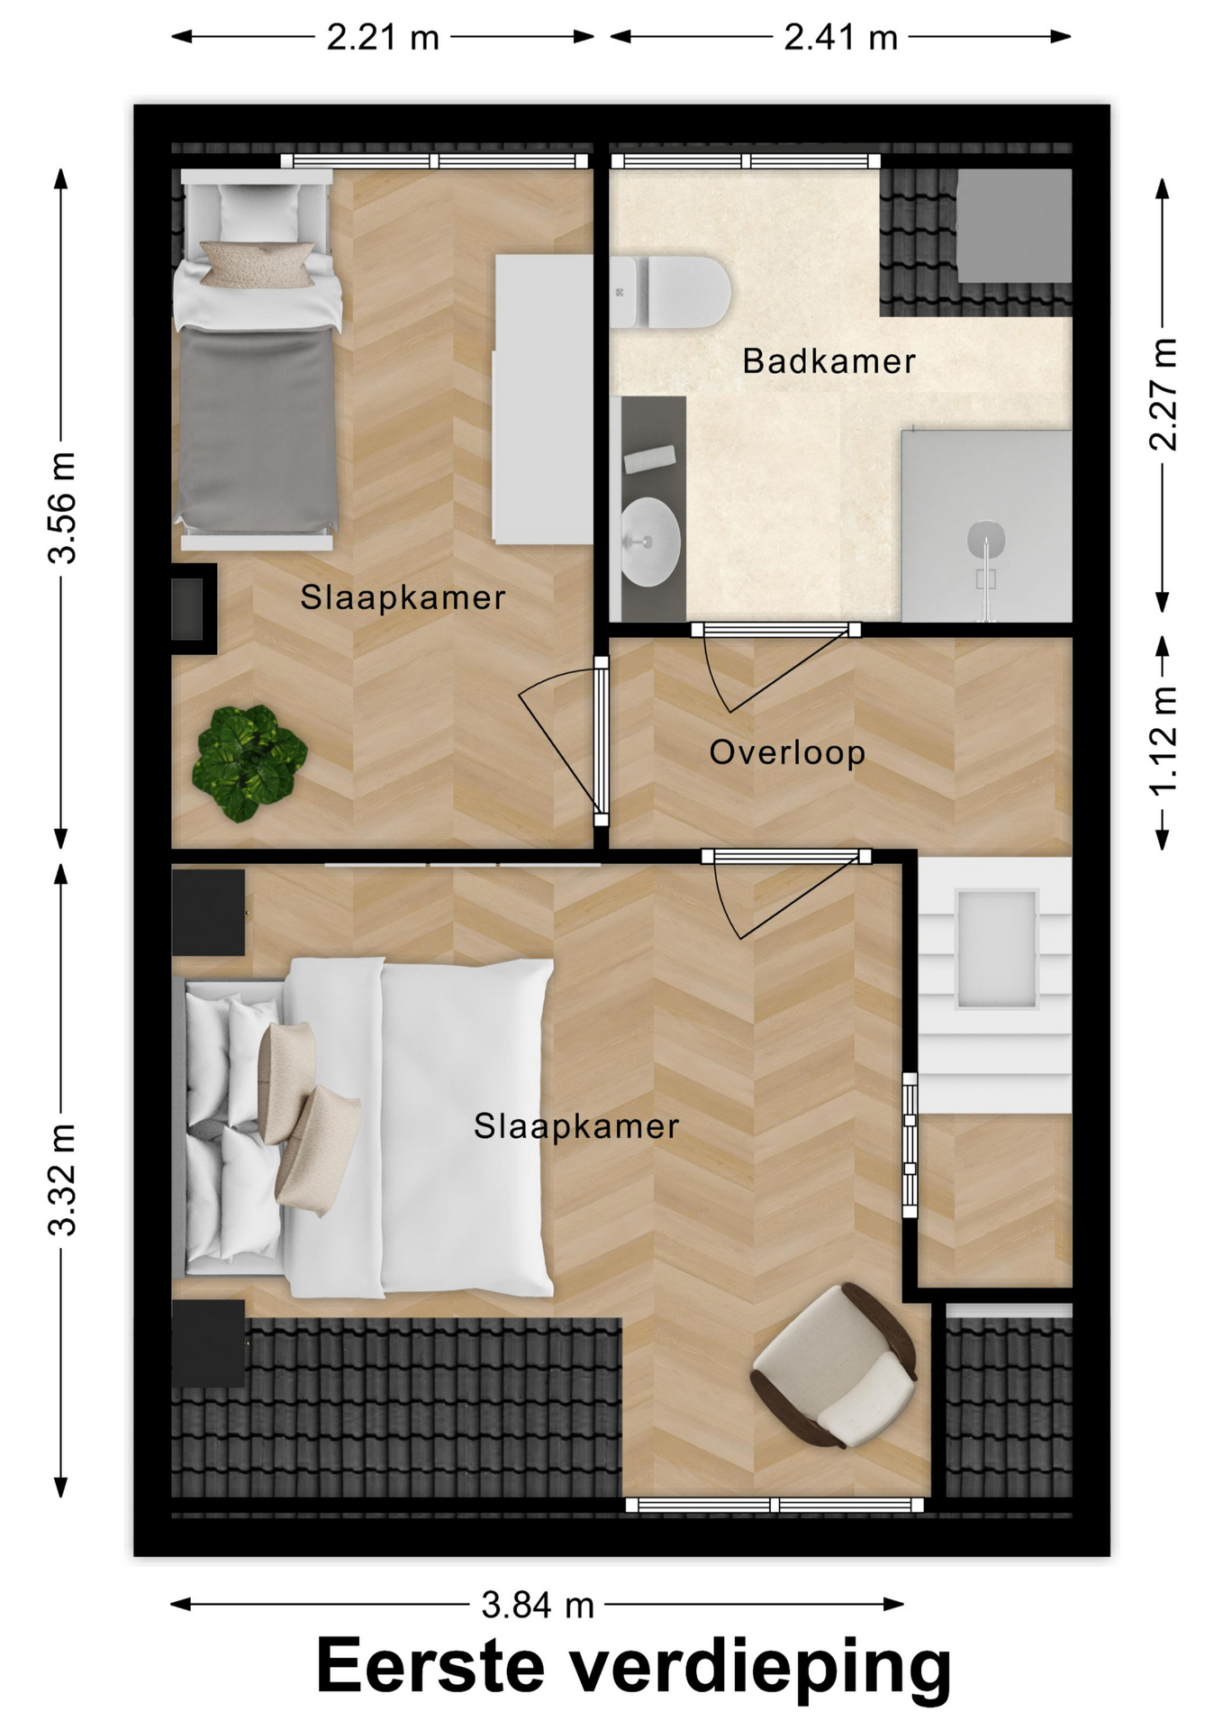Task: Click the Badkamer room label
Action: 829,361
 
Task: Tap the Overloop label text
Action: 787,752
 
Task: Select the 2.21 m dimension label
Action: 383,38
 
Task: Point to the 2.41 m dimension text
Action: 840,38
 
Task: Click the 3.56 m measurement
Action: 63,508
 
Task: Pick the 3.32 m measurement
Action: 63,1179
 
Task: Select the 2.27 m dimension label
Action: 1164,395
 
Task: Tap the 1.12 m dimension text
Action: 1164,742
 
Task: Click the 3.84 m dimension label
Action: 538,1605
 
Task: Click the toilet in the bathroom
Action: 670,292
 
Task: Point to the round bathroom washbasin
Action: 650,542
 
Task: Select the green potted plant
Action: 249,763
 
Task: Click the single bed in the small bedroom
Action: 258,360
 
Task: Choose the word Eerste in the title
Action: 430,1666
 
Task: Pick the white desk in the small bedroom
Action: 543,399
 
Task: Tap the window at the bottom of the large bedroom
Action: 775,1505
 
